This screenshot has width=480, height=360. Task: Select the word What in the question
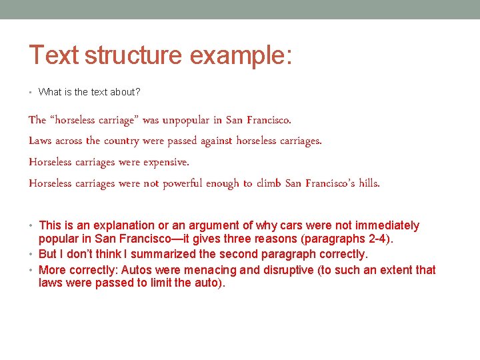point(49,92)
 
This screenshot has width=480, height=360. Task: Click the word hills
point(369,183)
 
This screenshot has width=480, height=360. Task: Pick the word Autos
point(136,270)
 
